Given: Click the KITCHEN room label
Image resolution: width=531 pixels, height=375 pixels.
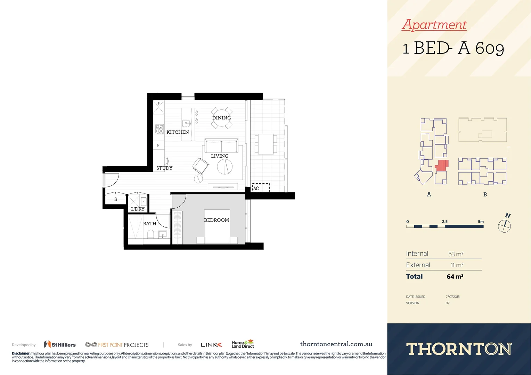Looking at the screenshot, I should point(178,132).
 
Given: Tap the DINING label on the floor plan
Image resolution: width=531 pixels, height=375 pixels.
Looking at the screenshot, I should point(221,118).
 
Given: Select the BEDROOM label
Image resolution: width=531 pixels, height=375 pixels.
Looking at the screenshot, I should point(216,220).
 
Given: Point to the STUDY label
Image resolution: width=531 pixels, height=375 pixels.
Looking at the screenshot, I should point(164,168).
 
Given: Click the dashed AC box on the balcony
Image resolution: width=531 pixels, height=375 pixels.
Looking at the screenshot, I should point(261,188).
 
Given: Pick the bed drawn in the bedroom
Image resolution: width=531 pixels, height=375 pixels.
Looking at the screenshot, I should point(217,227).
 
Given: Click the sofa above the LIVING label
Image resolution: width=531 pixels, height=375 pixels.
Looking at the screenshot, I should point(221,145).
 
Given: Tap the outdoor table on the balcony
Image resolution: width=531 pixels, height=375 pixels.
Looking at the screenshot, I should point(266,144).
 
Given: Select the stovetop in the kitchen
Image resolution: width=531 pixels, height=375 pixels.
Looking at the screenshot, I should point(159,129).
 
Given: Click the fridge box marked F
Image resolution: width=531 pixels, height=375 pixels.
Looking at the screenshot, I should point(159,107).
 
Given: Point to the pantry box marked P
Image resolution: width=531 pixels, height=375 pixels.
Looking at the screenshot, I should point(158,145).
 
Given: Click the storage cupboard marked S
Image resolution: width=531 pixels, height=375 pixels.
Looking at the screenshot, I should point(115,200).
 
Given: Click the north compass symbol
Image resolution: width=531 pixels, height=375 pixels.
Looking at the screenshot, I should point(504,226).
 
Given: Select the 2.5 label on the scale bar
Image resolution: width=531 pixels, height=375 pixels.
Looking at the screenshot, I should point(444,222).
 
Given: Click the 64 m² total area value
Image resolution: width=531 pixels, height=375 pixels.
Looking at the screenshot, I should point(455,277).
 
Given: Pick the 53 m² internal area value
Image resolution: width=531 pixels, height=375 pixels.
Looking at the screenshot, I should point(456,254).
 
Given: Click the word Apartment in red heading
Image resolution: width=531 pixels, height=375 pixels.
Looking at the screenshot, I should point(434,25).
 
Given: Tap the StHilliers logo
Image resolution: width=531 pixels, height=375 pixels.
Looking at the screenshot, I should point(60,344).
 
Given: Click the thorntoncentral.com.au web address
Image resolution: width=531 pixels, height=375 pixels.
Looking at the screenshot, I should point(336,344).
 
